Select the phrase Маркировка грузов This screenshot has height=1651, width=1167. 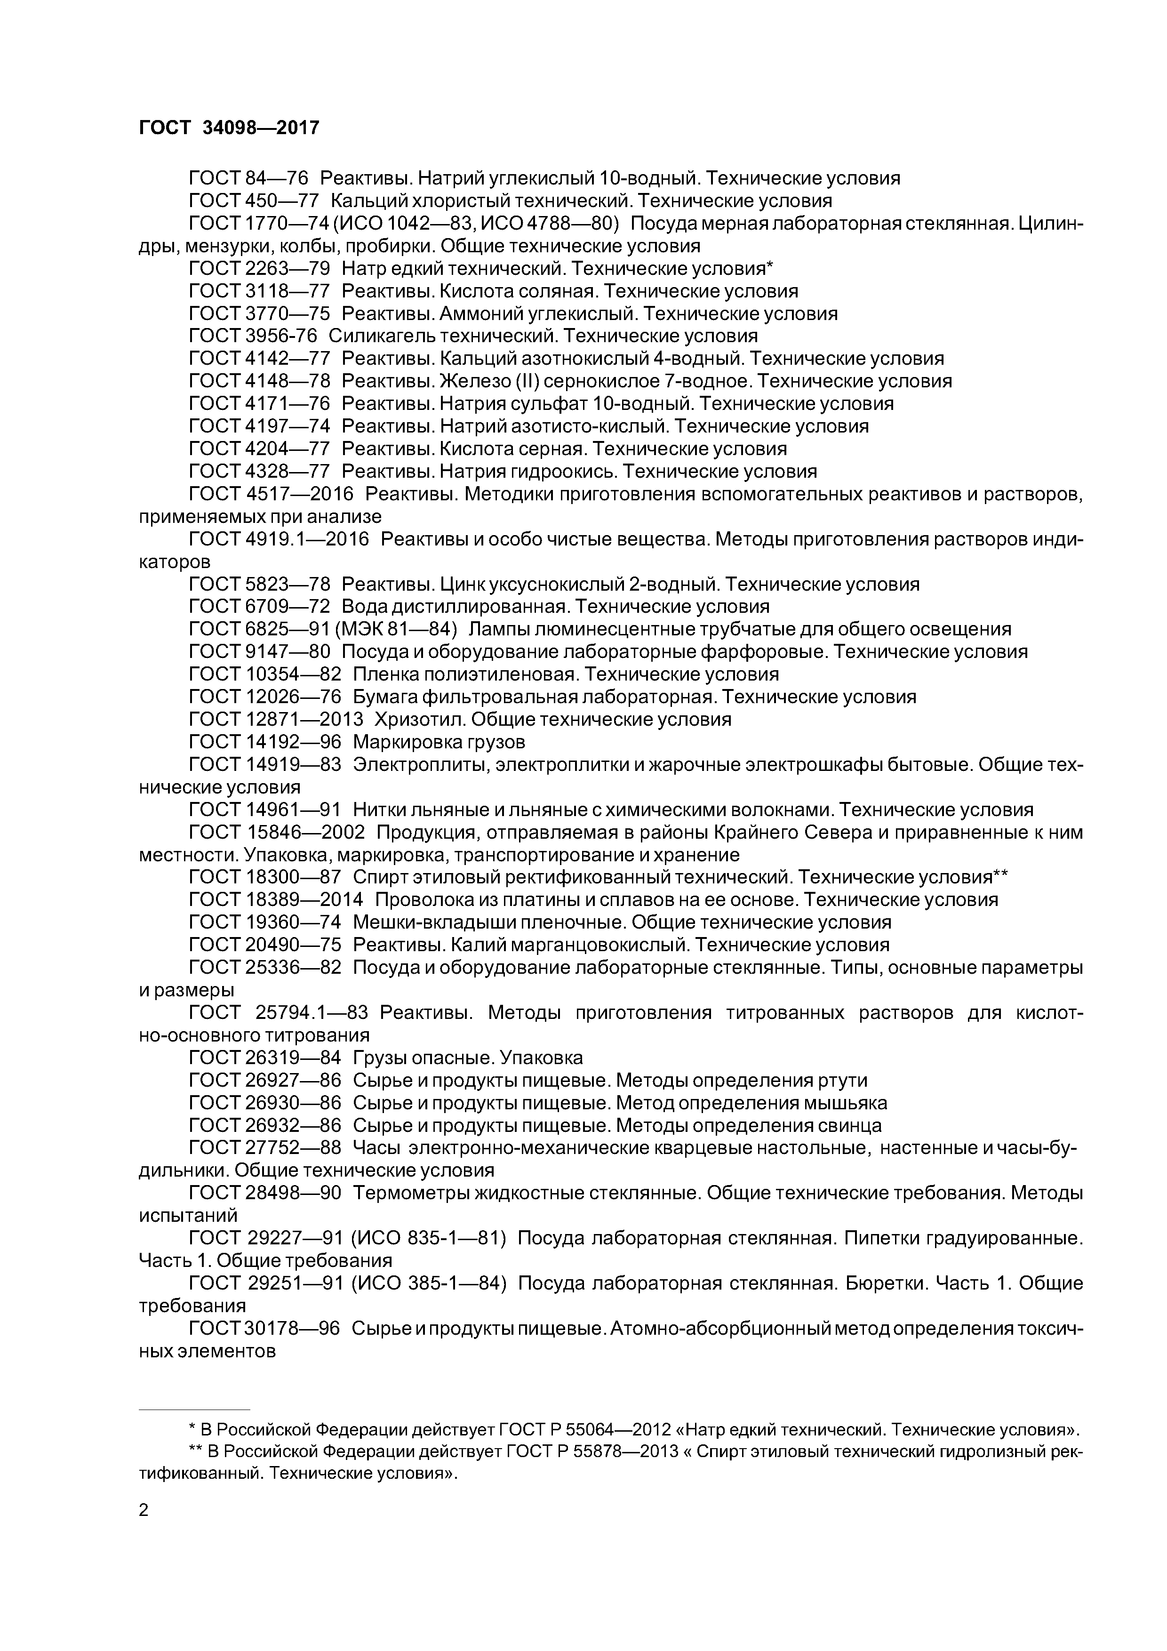(439, 741)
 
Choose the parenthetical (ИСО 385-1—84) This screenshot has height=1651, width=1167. (429, 1283)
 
